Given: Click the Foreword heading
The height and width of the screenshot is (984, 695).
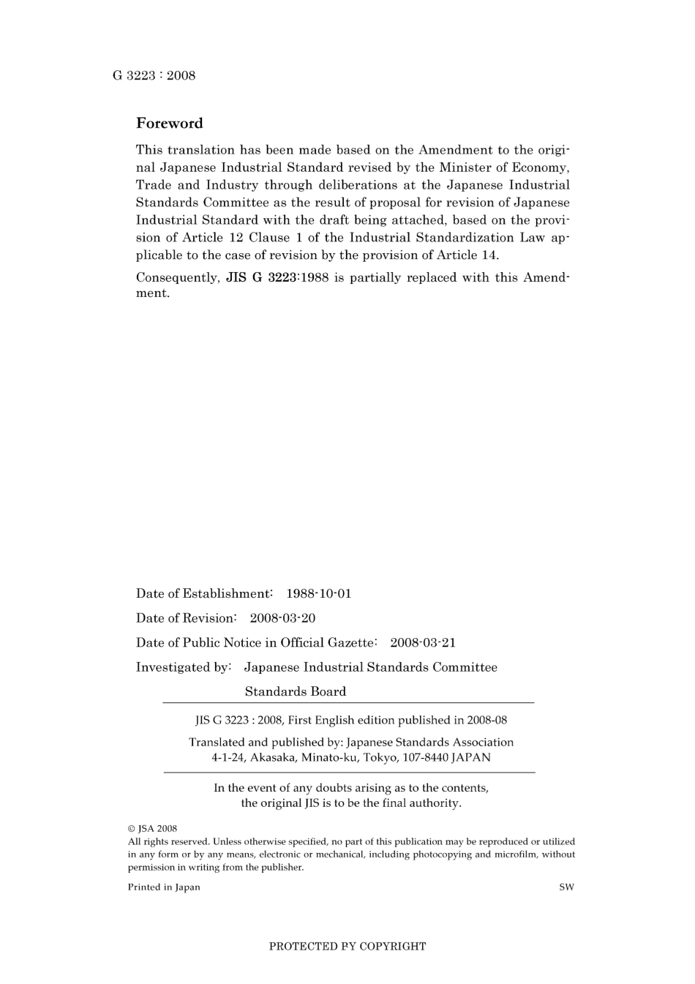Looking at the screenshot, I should (x=169, y=123).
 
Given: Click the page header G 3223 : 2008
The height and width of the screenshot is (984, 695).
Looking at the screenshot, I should (x=154, y=75).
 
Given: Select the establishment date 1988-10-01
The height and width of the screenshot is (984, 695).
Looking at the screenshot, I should (x=318, y=593).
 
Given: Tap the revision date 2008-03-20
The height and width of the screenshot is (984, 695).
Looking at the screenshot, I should (x=282, y=618).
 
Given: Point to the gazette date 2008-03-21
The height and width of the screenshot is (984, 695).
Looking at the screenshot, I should (x=422, y=642).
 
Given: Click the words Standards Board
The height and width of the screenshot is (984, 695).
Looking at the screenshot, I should (x=295, y=691).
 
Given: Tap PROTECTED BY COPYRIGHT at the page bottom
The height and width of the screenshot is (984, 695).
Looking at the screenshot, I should (x=347, y=946).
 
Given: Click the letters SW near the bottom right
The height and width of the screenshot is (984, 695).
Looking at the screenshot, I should (x=566, y=887).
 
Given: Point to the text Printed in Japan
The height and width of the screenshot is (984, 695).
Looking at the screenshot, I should (x=164, y=887).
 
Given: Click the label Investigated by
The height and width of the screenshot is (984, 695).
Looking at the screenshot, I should (x=183, y=667).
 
